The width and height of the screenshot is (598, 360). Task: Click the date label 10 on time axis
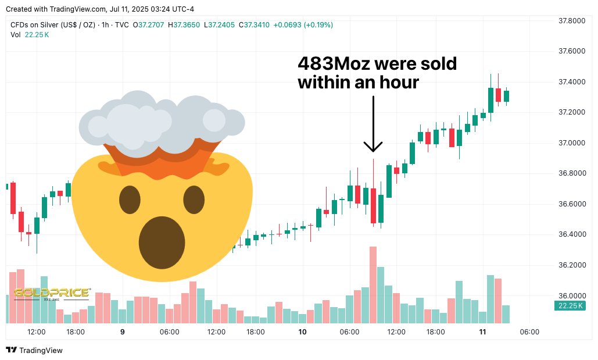tap(302, 332)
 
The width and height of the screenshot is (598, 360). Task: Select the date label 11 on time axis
tap(482, 332)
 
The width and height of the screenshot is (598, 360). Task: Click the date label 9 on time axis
tap(122, 332)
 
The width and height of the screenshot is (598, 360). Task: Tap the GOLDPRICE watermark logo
tap(52, 293)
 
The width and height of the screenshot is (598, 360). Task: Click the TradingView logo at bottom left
tap(34, 350)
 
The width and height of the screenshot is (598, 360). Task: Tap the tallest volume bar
tap(373, 284)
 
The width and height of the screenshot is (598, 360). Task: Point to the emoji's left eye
tap(130, 201)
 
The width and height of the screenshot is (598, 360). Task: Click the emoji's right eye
tap(194, 201)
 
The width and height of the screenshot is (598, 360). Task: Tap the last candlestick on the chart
tap(506, 97)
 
